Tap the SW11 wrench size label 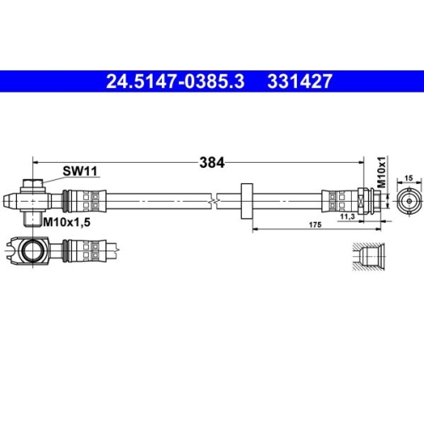81,171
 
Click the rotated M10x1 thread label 382,172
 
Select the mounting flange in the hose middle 248,201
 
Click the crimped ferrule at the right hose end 338,201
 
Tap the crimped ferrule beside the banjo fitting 83,201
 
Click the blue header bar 212,82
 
